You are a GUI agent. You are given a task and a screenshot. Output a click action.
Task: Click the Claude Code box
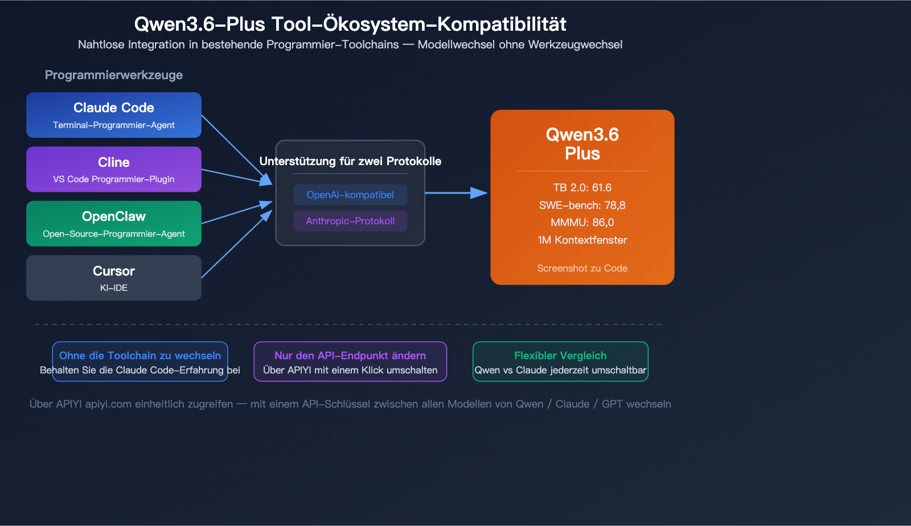[113, 115]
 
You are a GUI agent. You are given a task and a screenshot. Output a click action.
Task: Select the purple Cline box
[113, 169]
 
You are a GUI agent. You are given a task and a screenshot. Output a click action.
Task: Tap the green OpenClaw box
[113, 224]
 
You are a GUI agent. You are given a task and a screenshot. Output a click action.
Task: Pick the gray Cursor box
[113, 278]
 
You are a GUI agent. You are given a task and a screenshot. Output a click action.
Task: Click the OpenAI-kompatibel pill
[350, 195]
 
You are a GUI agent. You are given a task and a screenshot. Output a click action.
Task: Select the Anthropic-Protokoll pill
[350, 221]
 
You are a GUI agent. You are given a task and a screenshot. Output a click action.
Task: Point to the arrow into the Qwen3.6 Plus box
[455, 193]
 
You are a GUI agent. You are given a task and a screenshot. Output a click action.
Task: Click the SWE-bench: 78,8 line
[582, 205]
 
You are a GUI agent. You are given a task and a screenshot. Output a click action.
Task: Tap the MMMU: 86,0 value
[582, 223]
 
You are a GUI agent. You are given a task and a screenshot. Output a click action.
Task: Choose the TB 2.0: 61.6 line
[582, 187]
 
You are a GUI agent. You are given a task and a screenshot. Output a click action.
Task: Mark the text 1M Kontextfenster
[582, 240]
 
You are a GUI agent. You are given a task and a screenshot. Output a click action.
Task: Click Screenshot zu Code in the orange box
[582, 268]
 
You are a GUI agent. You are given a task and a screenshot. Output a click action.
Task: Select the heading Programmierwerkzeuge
[113, 75]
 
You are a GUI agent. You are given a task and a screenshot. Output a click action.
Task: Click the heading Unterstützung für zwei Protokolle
[350, 161]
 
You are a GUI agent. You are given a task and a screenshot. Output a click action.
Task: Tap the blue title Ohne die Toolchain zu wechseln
[140, 355]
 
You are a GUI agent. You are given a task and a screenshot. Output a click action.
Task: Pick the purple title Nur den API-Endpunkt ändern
[350, 355]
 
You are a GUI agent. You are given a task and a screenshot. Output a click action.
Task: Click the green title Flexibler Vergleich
[560, 355]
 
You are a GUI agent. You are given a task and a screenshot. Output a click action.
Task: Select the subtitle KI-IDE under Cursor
[113, 288]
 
